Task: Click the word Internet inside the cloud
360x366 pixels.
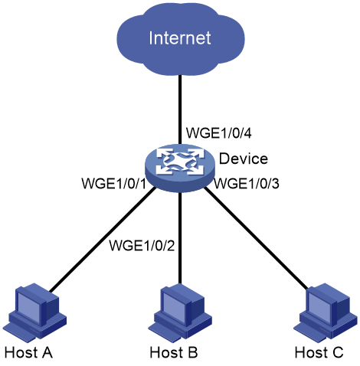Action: [x=180, y=38]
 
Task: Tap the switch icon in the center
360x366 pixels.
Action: [x=180, y=168]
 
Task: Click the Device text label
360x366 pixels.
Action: [x=244, y=158]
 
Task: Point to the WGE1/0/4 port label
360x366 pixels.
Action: [x=219, y=133]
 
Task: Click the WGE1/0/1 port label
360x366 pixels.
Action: [x=114, y=183]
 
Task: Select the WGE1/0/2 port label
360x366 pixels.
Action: [x=142, y=245]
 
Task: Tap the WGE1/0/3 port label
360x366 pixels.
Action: [x=247, y=184]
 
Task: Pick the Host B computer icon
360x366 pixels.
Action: [x=180, y=311]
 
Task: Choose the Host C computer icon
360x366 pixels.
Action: [x=326, y=311]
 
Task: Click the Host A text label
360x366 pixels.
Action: [x=28, y=352]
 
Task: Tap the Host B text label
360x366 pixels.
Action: [x=174, y=352]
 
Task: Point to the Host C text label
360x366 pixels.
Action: [x=319, y=352]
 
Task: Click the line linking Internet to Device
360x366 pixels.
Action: [x=180, y=109]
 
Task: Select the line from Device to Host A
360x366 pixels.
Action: [x=103, y=240]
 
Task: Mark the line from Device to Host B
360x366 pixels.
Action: [x=180, y=238]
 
